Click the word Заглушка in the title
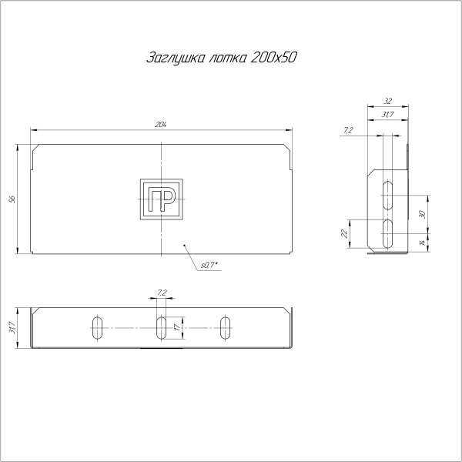(170, 59)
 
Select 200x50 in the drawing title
(274, 59)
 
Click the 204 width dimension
(161, 125)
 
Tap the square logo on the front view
(161, 199)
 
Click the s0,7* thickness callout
(210, 266)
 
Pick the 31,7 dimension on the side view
(387, 115)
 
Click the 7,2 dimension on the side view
(348, 131)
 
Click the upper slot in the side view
(390, 194)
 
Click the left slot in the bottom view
(98, 327)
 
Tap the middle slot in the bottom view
(161, 327)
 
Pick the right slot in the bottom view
(225, 327)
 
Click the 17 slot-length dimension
(177, 327)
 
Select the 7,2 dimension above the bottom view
(161, 293)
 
